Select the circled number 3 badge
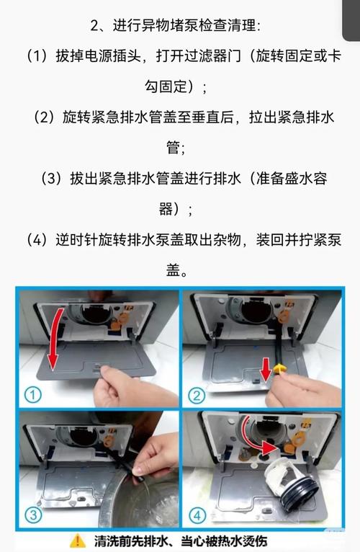(34, 515)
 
